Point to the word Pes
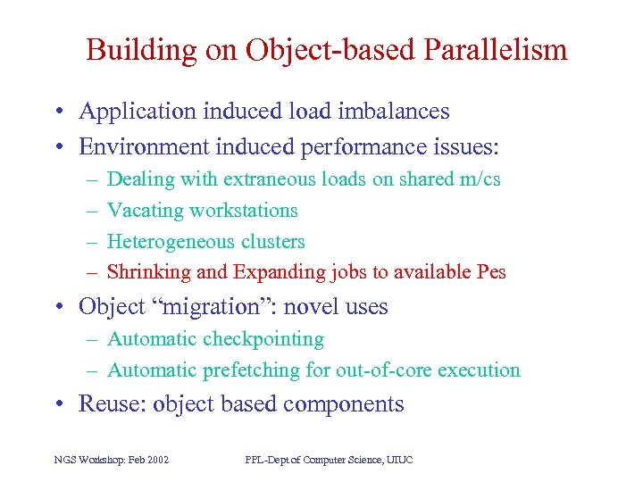click(491, 272)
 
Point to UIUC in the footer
click(398, 460)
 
